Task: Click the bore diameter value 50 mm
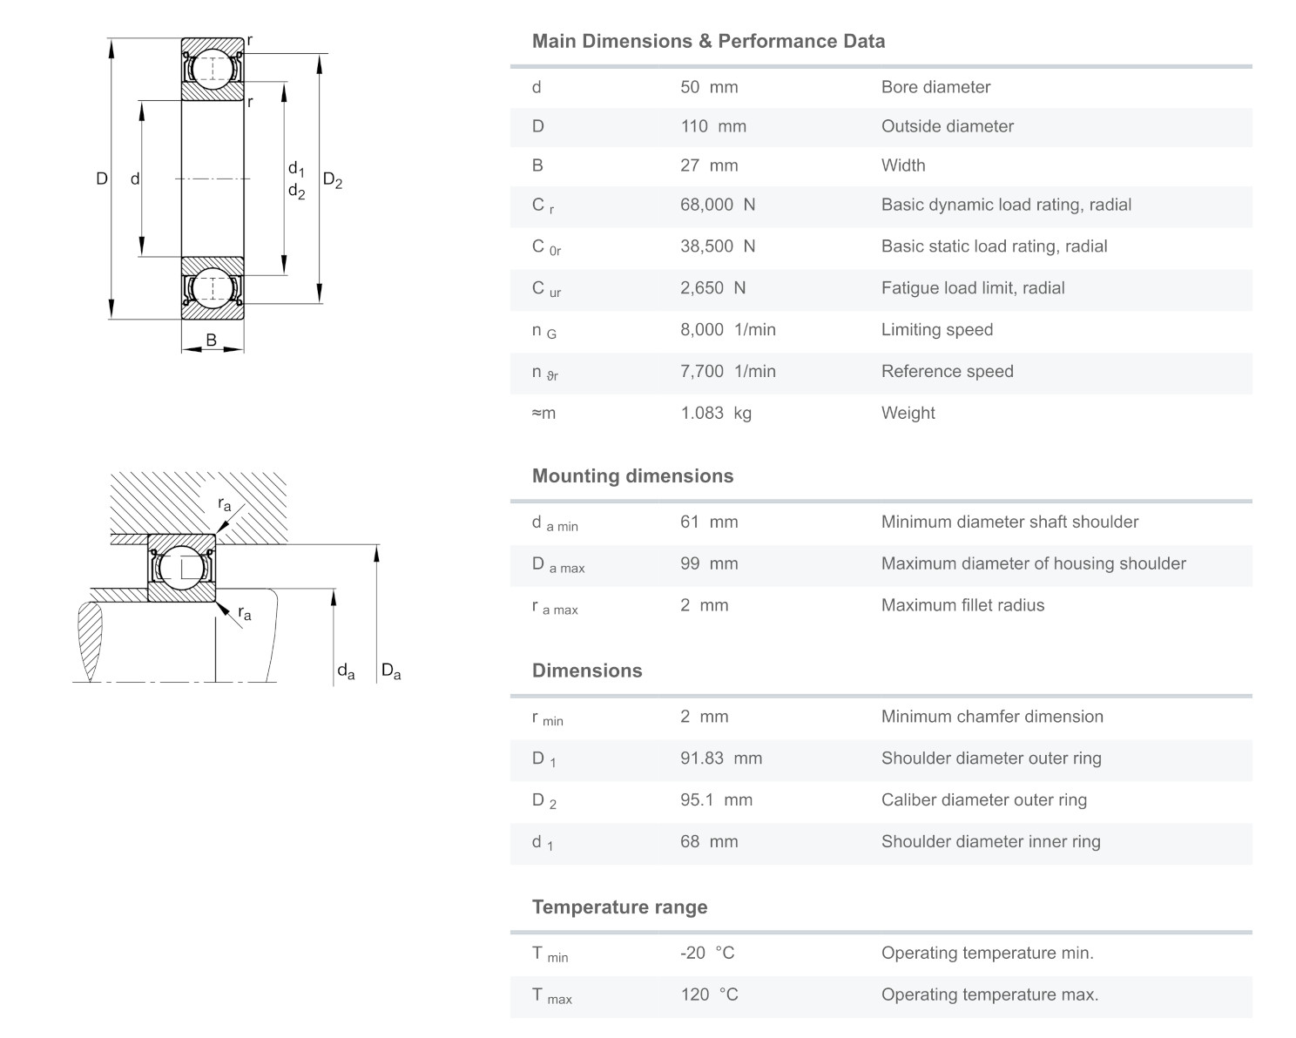[x=709, y=87]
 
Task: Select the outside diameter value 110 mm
[x=713, y=126]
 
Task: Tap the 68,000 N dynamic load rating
[x=718, y=205]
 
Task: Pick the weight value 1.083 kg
[x=716, y=413]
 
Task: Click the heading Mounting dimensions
[x=632, y=475]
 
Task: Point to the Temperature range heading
[x=619, y=907]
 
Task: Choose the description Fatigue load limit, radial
[x=973, y=288]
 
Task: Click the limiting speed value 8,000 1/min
[x=728, y=329]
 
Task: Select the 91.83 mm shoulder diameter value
[x=721, y=758]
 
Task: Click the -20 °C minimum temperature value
[x=707, y=953]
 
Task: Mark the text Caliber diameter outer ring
[x=984, y=799]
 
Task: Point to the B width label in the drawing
[x=211, y=340]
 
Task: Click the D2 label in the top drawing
[x=333, y=180]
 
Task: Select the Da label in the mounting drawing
[x=391, y=671]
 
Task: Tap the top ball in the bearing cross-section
[x=212, y=69]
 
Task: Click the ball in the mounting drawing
[x=182, y=568]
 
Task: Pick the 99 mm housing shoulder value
[x=709, y=563]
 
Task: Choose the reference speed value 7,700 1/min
[x=728, y=371]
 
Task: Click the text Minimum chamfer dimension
[x=992, y=717]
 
